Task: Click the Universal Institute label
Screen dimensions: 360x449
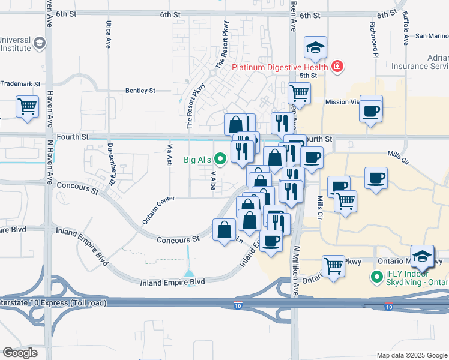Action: click(x=14, y=44)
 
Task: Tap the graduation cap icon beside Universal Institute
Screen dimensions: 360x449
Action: click(x=40, y=43)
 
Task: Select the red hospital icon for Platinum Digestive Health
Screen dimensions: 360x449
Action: click(x=337, y=67)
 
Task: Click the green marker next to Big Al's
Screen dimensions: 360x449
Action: click(x=220, y=160)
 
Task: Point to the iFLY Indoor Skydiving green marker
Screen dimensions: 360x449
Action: click(x=377, y=277)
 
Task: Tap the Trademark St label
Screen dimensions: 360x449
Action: click(x=20, y=84)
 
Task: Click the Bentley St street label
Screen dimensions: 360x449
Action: click(x=140, y=91)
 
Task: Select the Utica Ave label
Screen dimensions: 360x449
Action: click(x=109, y=35)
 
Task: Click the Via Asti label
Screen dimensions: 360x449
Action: click(x=170, y=154)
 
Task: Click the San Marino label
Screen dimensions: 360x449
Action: click(x=427, y=36)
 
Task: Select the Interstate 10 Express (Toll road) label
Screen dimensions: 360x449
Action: click(x=53, y=303)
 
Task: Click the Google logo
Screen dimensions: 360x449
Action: click(x=20, y=353)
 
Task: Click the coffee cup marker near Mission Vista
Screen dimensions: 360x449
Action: click(x=372, y=111)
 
